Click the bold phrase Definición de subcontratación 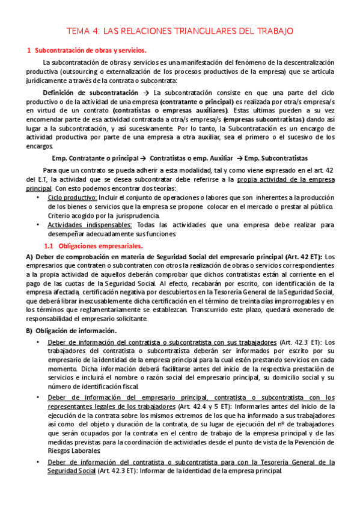coord(90,93)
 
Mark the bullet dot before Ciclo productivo coord(39,197)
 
